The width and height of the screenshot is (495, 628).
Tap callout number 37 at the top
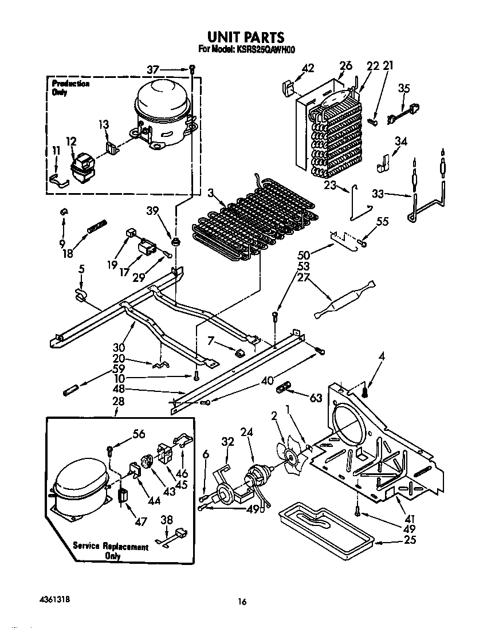[153, 69]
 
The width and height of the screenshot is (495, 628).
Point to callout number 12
[71, 141]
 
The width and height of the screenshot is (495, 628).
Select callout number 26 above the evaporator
[345, 66]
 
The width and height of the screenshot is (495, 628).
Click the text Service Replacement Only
[110, 551]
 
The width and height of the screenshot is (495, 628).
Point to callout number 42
[308, 68]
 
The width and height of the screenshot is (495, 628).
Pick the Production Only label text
[67, 88]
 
